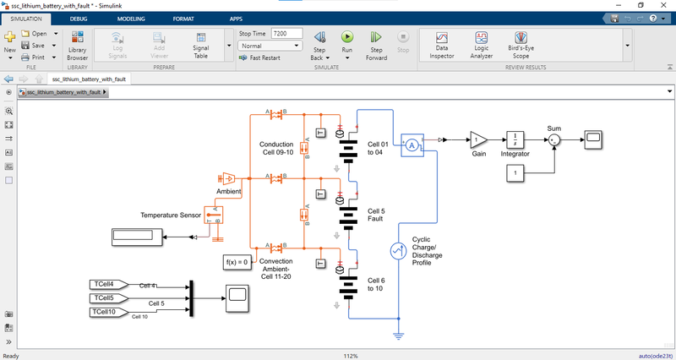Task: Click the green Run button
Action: coord(346,37)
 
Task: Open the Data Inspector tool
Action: coord(441,41)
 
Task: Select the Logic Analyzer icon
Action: coord(481,41)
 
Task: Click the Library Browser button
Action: coord(77,41)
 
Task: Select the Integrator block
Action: coord(515,139)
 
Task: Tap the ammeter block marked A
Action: coord(412,145)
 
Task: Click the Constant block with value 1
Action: coord(517,172)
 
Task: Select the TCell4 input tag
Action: coord(106,284)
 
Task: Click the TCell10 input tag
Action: coord(106,313)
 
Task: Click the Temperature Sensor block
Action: coord(213,215)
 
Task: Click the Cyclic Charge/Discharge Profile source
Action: coord(397,251)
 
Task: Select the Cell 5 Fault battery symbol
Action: coord(349,215)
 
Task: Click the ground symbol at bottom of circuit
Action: coord(398,335)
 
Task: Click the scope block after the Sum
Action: coord(593,138)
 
